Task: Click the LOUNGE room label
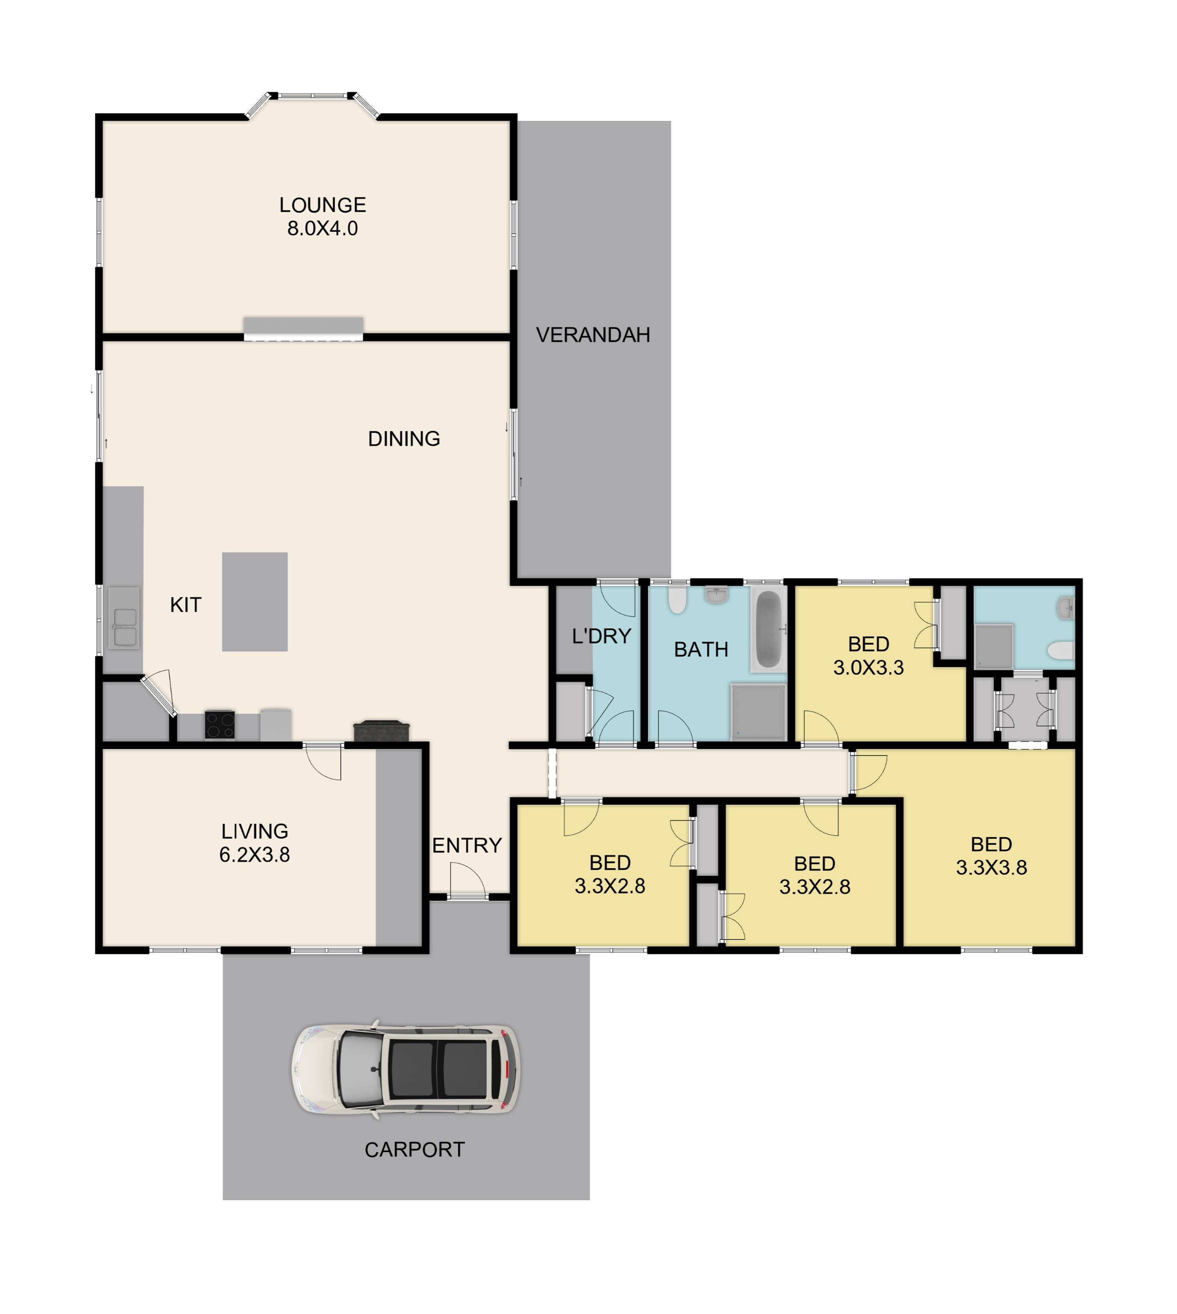pos(323,205)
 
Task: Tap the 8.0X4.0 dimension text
pos(323,228)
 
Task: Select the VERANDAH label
pos(593,335)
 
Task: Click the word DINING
pos(404,439)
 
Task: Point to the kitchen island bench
pos(255,601)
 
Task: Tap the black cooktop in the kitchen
pos(220,724)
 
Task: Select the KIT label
pos(186,605)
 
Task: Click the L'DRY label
pos(602,636)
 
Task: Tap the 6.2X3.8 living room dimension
pos(255,855)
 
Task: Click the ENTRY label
pos(467,845)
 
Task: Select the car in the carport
pos(406,1070)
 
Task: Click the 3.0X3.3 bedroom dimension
pos(869,667)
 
